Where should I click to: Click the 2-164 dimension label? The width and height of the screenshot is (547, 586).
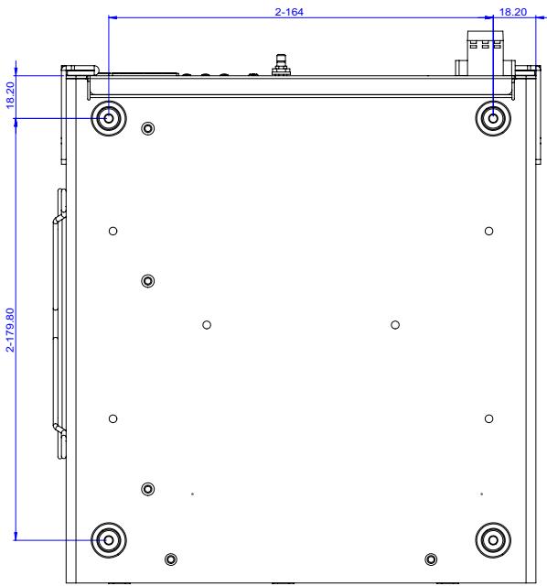pos(289,12)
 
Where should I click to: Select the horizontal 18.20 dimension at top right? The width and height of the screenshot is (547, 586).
pos(512,12)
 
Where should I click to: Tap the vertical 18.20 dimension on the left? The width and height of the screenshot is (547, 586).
pos(10,95)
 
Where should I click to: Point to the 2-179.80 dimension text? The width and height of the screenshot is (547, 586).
pos(10,330)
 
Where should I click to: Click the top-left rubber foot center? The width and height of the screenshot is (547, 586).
pos(109,118)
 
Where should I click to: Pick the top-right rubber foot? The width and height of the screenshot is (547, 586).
pos(493,118)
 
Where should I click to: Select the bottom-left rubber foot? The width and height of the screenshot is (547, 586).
pos(109,540)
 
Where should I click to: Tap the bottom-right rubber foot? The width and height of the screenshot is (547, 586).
pos(493,540)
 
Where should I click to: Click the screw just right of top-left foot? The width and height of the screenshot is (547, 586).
pos(148,128)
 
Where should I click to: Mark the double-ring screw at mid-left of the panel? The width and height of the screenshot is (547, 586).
pos(148,281)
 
